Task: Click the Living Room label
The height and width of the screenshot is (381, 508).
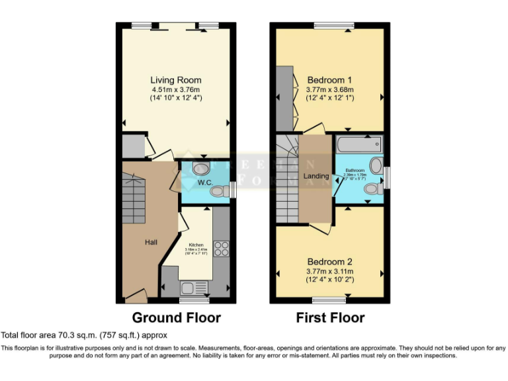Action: point(175,80)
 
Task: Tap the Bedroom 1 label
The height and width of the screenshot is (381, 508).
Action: point(329,80)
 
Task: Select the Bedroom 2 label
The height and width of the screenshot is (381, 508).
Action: point(329,262)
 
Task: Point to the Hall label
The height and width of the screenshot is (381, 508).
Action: point(151,243)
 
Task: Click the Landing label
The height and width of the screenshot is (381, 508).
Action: point(316,176)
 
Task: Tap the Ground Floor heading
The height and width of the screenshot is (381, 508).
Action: point(176,317)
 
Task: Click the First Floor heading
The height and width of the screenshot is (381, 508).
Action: point(330,317)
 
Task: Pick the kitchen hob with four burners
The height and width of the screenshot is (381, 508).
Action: point(222,249)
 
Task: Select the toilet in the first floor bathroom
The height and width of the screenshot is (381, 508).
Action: point(372,189)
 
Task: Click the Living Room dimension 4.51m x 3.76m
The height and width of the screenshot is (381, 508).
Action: point(175,89)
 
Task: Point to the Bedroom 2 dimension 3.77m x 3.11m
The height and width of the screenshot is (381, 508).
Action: point(329,271)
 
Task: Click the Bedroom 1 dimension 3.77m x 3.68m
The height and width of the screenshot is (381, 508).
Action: point(329,89)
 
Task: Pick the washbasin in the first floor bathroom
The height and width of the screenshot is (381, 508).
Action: point(376,165)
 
